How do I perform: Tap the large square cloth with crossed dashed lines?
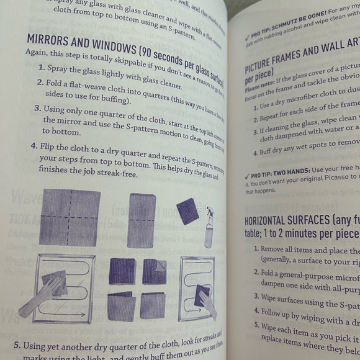[x=70, y=218]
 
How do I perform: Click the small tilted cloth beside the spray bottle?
[x=188, y=212]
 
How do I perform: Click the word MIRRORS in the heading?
[x=54, y=40]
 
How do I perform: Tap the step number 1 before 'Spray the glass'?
[x=41, y=67]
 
